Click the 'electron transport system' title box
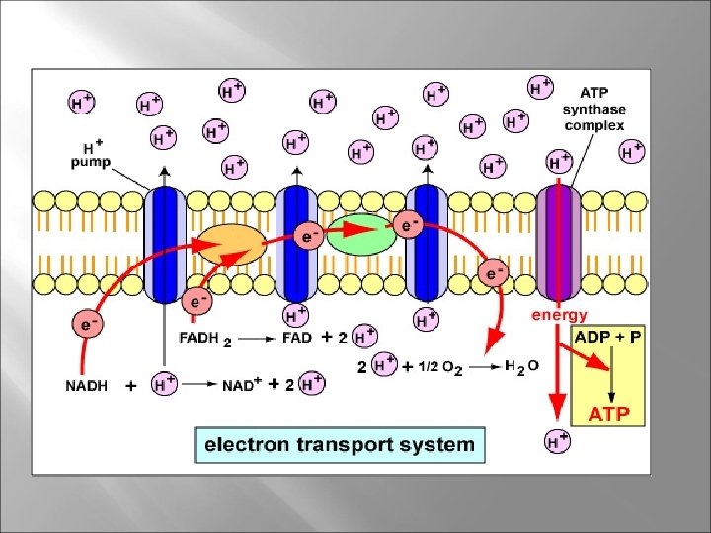(x=339, y=444)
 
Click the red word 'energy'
(x=559, y=315)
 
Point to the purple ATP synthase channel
(x=560, y=243)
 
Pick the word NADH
(x=87, y=387)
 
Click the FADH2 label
(x=205, y=339)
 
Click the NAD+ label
(x=240, y=387)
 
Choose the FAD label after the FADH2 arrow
(x=297, y=338)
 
